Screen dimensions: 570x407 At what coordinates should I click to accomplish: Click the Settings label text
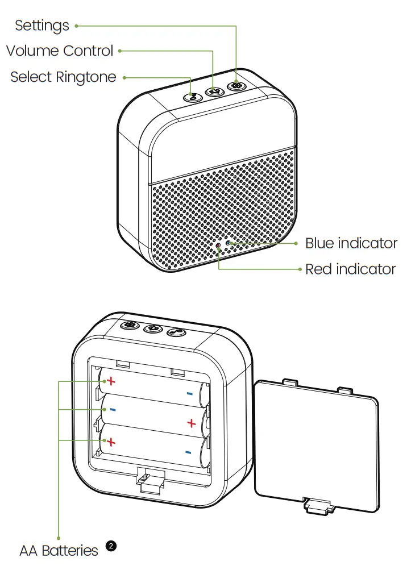pos(42,26)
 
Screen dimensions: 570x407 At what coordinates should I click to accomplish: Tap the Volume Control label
pos(60,51)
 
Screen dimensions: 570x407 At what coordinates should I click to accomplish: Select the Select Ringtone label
pos(63,77)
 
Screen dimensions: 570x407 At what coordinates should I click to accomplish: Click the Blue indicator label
pos(351,243)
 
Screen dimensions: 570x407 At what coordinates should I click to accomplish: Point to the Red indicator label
pos(350,269)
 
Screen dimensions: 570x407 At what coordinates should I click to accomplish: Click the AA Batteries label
pos(59,550)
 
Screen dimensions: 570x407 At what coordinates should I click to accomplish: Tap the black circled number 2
pos(111,546)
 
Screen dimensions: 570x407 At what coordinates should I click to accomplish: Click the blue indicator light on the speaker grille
pos(229,243)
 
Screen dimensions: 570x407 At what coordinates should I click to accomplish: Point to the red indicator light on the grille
pos(219,246)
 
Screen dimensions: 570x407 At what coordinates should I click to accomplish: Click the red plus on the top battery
pos(112,380)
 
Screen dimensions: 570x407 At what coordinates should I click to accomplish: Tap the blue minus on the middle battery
pos(113,409)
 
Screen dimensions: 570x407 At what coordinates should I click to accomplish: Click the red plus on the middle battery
pos(191,423)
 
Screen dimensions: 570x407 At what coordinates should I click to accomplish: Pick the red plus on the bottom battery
pos(111,441)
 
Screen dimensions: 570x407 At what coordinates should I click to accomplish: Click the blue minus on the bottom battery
pos(188,452)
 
